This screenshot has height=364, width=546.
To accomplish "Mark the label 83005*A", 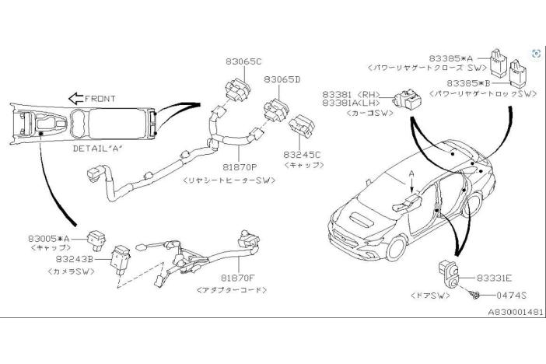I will tap(50, 238).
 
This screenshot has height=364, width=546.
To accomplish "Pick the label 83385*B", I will tap(469, 82).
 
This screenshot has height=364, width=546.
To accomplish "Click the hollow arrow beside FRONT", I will tap(76, 99).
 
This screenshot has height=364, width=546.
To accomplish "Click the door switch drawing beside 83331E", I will tap(449, 273).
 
